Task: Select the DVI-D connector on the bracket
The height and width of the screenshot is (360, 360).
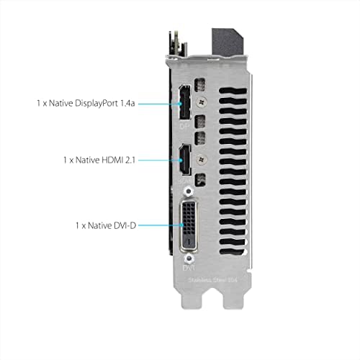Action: click(188, 225)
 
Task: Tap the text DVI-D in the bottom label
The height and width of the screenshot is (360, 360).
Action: click(122, 225)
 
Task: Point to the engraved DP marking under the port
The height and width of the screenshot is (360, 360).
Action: click(183, 126)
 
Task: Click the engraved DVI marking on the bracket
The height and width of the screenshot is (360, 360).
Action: click(187, 264)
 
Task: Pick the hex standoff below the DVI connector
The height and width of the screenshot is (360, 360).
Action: click(189, 256)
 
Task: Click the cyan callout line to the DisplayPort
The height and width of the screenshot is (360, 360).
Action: click(157, 104)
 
